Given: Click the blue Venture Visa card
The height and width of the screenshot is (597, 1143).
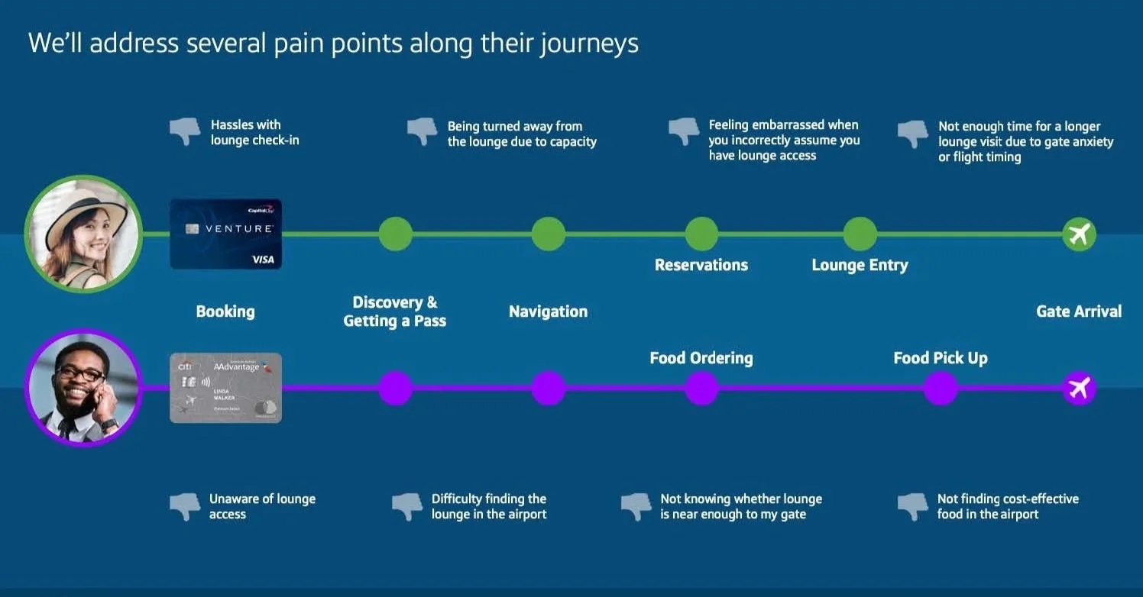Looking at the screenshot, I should coord(225,234).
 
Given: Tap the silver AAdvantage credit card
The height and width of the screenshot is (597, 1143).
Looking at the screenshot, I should coord(225,388).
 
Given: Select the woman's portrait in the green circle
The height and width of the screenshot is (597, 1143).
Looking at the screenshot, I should coord(83,234).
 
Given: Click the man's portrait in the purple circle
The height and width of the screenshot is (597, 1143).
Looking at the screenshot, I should coord(83,388).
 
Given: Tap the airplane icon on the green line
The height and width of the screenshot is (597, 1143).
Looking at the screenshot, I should coord(1079,234).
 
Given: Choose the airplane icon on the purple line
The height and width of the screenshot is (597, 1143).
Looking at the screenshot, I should coord(1079,389).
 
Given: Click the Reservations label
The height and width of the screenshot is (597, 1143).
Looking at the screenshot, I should coord(701,266).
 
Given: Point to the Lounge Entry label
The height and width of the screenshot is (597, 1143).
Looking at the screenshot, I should coord(860,266).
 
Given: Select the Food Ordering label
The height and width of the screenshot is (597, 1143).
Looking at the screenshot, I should coord(701,358).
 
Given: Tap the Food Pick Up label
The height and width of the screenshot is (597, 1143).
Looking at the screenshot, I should coord(940,358).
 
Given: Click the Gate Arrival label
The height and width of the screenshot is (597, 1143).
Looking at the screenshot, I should coord(1078,311).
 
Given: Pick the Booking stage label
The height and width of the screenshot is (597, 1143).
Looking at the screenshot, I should coord(225,311).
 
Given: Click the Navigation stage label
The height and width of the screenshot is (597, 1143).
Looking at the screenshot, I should coord(548,311).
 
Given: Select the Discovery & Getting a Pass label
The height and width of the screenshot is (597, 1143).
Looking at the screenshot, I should coord(394,311).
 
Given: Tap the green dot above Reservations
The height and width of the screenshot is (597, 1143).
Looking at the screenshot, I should coord(701,234).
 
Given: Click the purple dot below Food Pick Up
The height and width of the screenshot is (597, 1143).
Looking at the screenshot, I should coord(940,389).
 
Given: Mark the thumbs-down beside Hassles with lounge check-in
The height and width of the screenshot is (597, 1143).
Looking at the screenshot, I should coord(184,131).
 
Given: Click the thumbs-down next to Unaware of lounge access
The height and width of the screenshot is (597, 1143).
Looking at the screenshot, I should coord(184,506).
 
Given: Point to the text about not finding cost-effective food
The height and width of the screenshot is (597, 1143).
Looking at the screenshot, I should coord(1007,506).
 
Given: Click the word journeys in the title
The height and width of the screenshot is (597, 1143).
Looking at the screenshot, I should coord(589,44).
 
